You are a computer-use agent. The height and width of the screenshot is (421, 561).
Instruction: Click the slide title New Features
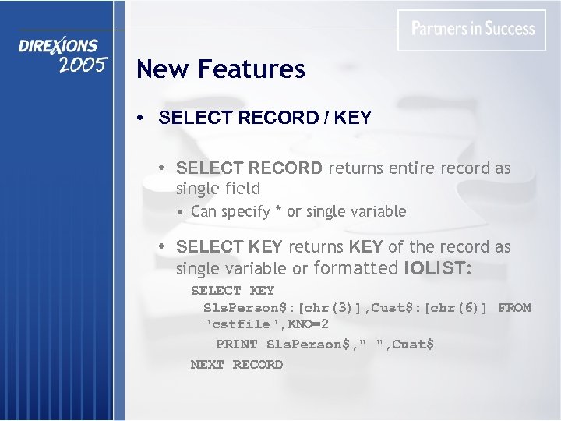[221, 69]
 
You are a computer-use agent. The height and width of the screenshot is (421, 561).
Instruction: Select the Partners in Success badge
[472, 30]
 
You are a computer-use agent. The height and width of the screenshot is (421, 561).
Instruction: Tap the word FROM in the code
[514, 307]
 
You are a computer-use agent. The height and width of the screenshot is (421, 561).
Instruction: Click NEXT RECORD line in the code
[237, 364]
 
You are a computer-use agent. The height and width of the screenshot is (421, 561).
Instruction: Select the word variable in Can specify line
[378, 211]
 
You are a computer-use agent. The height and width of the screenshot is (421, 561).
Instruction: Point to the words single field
[218, 188]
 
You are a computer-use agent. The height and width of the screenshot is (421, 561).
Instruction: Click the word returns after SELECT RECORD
[355, 168]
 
